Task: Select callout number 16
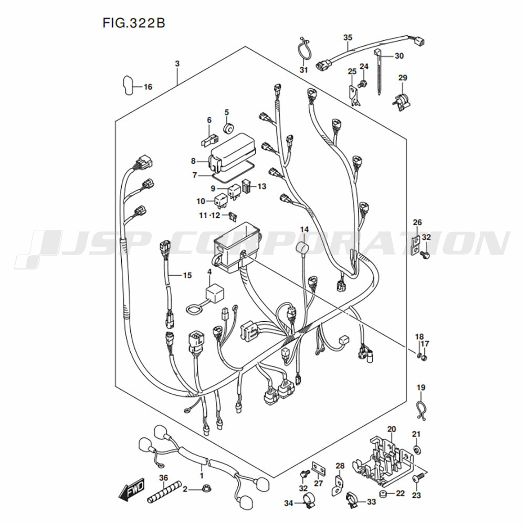point(148,87)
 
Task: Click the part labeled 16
point(128,85)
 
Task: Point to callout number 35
point(348,37)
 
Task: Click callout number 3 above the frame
point(177,64)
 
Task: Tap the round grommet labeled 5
point(228,128)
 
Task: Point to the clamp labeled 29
point(402,100)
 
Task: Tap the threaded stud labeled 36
point(164,493)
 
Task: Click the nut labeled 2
point(206,489)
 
